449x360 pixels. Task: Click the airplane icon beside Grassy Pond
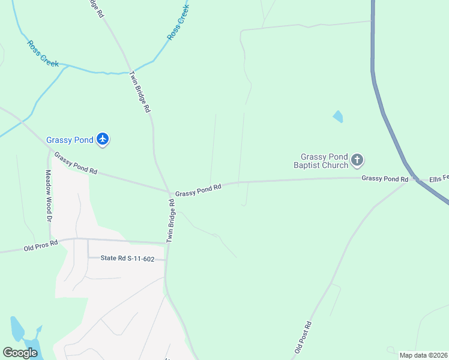103,139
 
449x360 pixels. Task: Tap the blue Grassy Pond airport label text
70,140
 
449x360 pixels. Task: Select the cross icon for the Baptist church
357,160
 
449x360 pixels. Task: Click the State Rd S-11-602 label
127,259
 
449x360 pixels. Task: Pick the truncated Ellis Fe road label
439,178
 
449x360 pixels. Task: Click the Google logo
20,353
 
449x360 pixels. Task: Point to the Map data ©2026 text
423,355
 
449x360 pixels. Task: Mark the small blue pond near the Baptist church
338,116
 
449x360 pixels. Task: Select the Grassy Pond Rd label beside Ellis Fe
385,178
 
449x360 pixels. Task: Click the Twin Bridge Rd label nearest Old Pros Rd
171,220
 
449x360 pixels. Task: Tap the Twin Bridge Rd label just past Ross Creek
140,92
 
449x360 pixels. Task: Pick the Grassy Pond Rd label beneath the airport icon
76,163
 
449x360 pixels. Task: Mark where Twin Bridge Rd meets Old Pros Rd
166,243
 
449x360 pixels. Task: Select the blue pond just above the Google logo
17,329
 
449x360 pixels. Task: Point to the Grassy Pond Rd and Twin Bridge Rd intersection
170,192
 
